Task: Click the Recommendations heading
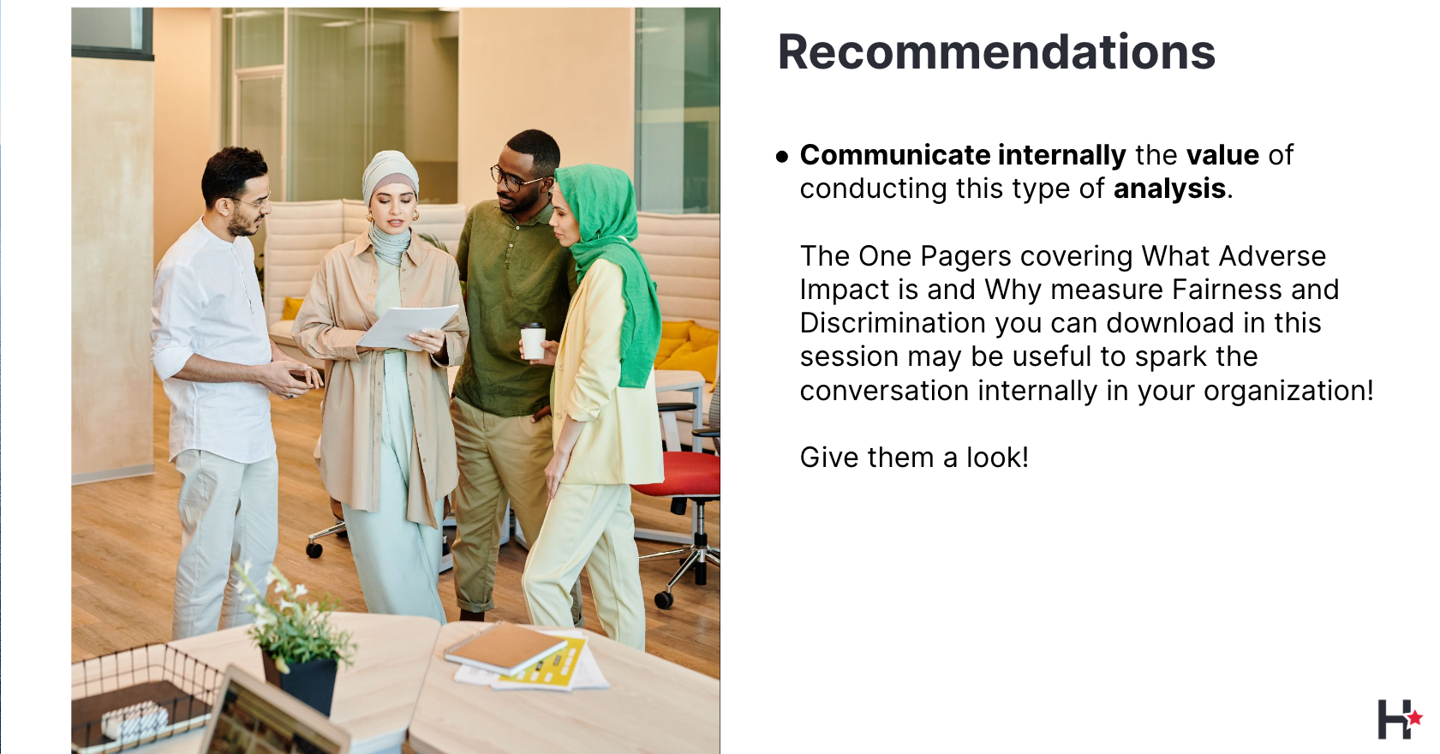[996, 51]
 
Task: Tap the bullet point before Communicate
[782, 156]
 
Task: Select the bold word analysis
[1169, 189]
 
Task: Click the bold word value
[1222, 155]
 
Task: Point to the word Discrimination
[893, 323]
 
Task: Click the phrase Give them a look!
[914, 458]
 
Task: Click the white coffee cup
[532, 341]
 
